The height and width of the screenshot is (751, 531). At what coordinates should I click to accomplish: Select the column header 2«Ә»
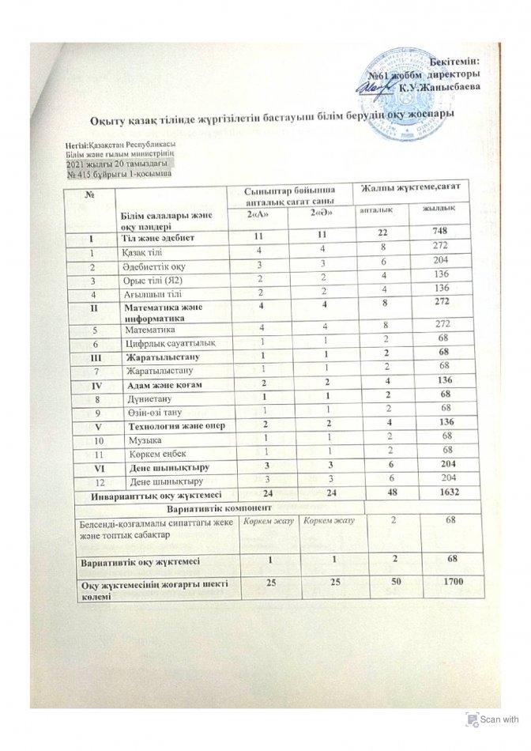point(321,215)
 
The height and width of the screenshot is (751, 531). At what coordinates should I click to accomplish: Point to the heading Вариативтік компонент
point(217,506)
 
